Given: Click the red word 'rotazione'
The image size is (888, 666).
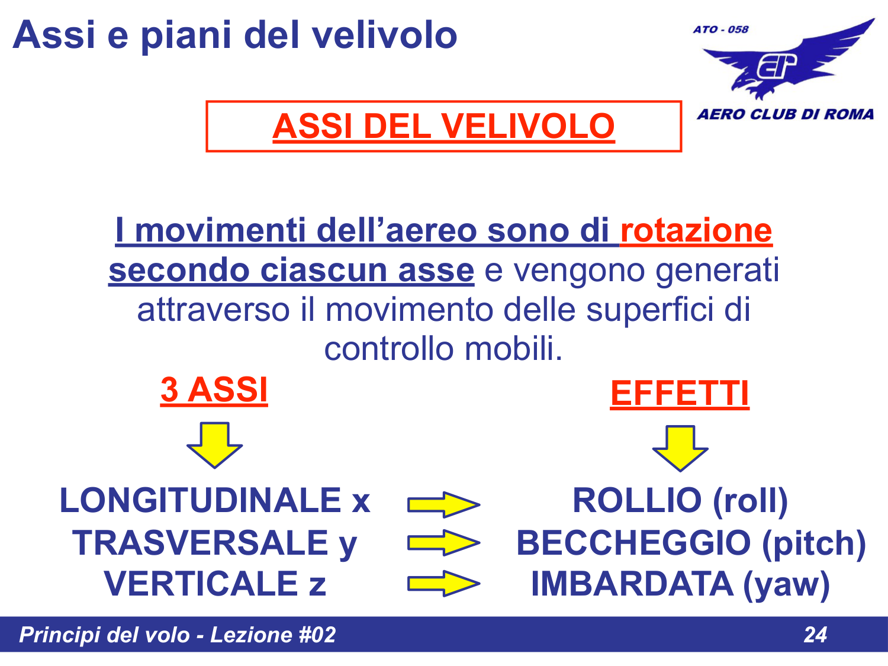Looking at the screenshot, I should (696, 231).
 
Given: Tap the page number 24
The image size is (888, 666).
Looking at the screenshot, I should (815, 635).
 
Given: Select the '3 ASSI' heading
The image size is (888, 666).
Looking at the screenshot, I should (214, 390).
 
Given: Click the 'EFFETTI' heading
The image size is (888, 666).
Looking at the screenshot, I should (680, 394).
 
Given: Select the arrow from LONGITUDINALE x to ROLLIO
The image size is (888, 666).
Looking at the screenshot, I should (443, 504).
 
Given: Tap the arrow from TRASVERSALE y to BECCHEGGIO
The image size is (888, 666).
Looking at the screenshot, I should (443, 542).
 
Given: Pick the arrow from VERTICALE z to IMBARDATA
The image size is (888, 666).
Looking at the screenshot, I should (443, 584).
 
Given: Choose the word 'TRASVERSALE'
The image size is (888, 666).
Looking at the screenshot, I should (201, 543).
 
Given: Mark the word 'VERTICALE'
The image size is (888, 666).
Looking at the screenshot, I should (201, 584).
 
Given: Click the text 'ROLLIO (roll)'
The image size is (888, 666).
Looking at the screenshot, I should (680, 501).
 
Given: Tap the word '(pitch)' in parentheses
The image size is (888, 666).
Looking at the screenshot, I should (814, 543).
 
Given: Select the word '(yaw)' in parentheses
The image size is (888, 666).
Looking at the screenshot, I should (786, 584).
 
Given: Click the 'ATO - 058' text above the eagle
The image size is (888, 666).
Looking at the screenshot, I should (720, 30).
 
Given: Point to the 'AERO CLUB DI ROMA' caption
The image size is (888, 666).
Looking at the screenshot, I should (785, 114).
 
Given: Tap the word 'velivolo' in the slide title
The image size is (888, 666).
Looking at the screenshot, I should (384, 35).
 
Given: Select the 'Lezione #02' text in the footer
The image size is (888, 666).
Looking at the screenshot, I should (273, 635).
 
